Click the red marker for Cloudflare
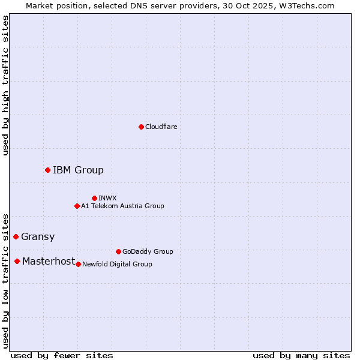tap(141, 127)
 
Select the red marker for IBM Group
tap(47, 170)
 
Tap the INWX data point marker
tap(94, 198)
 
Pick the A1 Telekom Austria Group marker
tap(77, 206)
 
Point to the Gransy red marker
tap(16, 236)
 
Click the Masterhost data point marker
tap(17, 261)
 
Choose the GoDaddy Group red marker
tap(118, 251)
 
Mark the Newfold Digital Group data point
tap(78, 264)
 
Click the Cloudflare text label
tap(161, 127)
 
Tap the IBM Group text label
tap(78, 170)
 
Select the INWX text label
tap(107, 198)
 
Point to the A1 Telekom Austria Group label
tap(122, 206)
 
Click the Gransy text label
tap(38, 236)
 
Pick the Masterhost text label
tap(49, 261)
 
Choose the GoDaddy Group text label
tap(148, 251)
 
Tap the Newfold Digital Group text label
tap(117, 264)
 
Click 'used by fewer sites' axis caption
tap(62, 355)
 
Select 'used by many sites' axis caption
tap(301, 355)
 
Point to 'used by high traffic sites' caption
tap(5, 85)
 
